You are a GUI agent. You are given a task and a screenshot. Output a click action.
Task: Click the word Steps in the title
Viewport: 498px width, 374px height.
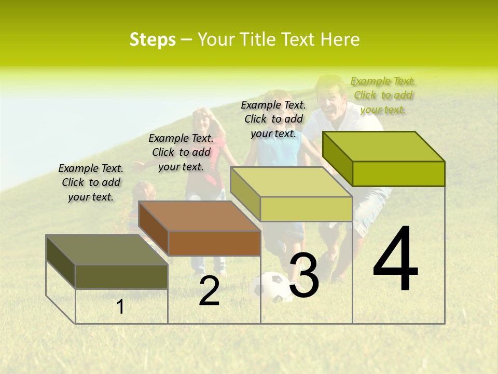[x=153, y=39]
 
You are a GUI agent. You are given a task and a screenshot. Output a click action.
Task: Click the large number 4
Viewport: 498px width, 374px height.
[x=395, y=260]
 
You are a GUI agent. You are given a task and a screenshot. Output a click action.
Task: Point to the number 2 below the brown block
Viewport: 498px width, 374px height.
[x=209, y=291]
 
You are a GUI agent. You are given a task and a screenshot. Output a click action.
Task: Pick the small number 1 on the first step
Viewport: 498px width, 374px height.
[x=120, y=307]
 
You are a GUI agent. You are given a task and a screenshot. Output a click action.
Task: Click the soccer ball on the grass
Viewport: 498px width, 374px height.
[x=271, y=288]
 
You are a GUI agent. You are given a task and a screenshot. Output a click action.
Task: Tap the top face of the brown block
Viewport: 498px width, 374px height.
[x=200, y=216]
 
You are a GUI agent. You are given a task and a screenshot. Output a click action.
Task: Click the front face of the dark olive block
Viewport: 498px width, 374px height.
[x=121, y=276]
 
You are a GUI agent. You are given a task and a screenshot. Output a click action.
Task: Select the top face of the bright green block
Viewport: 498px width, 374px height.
[x=384, y=146]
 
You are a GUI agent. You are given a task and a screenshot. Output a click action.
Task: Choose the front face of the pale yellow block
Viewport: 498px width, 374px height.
[x=306, y=209]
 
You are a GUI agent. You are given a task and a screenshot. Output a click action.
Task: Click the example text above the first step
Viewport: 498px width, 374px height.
[x=91, y=182]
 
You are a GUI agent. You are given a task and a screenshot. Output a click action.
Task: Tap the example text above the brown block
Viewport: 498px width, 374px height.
[x=181, y=152]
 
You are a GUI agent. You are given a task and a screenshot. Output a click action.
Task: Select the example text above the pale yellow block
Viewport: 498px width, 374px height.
[x=273, y=119]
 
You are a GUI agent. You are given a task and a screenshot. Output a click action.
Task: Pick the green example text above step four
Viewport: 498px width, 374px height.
[x=383, y=95]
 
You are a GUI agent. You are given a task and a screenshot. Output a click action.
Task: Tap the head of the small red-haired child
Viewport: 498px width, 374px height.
[x=144, y=191]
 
